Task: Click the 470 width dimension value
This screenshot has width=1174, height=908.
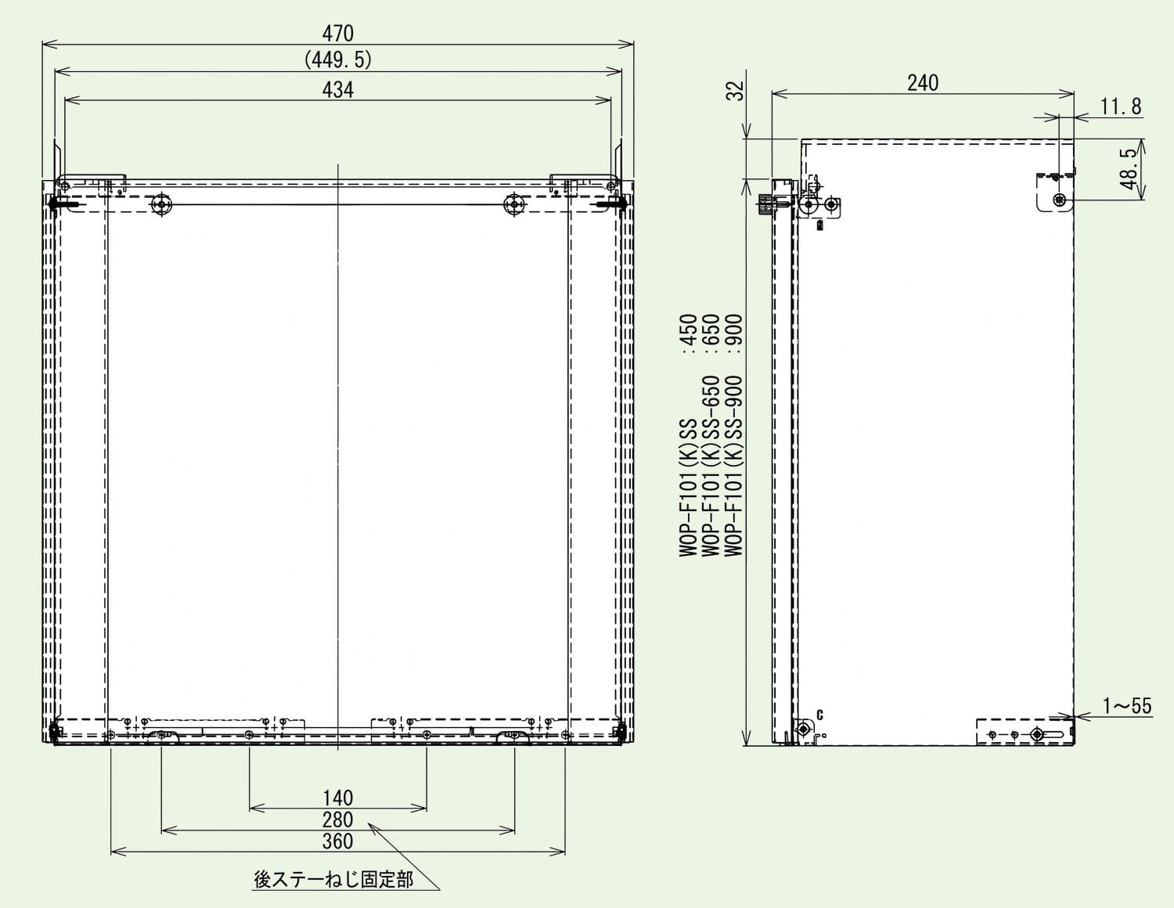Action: pos(337,34)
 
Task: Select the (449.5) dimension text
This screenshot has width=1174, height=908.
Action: pos(338,59)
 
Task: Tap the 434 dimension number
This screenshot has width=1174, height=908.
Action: pos(337,90)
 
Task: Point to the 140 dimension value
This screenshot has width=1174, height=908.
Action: pos(337,798)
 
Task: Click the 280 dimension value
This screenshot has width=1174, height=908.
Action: pos(337,820)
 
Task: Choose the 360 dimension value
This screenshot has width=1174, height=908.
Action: pos(337,841)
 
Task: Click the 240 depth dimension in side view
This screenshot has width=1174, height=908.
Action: pos(923,83)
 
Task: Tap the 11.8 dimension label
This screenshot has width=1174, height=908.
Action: pos(1121,106)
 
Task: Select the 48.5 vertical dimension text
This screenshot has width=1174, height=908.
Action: pos(1128,168)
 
